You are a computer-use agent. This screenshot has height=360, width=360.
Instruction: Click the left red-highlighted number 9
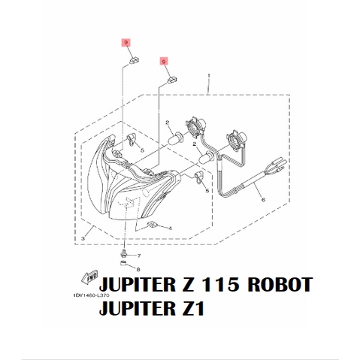coord(126,44)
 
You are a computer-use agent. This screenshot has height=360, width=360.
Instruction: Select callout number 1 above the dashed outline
coord(207,76)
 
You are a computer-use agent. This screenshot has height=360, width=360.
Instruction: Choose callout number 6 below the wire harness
coord(264,201)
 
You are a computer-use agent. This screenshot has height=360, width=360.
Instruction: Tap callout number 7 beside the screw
coord(138,256)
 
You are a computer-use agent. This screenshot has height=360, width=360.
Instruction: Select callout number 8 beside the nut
coord(138,268)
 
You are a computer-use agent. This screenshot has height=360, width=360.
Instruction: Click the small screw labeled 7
coord(124,254)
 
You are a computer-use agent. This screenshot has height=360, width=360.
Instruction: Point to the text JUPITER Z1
coord(151,308)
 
